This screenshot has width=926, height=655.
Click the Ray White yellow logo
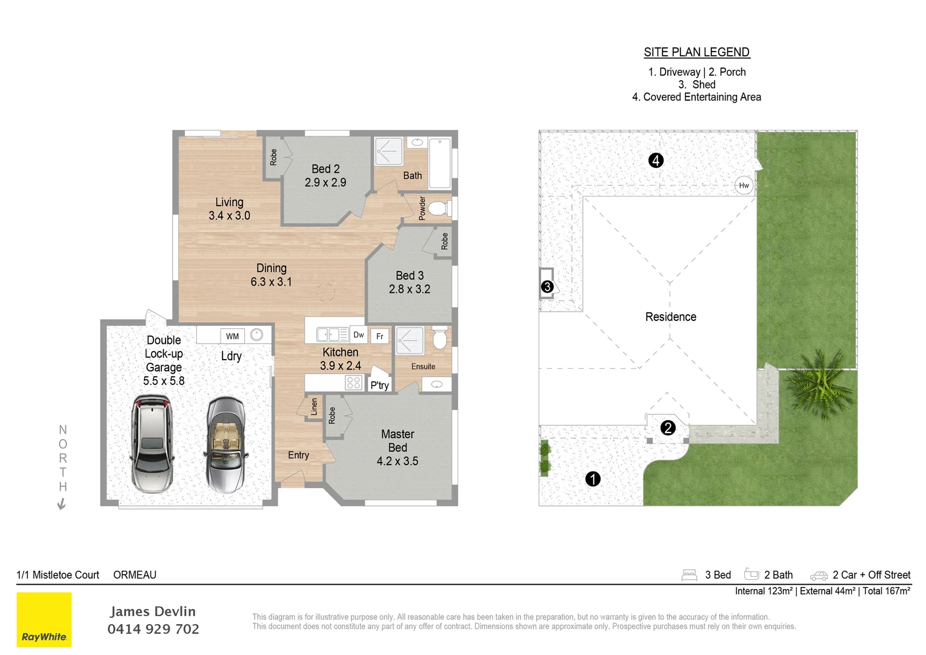tap(44, 619)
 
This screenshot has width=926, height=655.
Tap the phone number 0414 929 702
tap(153, 629)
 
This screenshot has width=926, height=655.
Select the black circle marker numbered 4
tap(656, 160)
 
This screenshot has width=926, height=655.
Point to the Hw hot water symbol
tap(744, 186)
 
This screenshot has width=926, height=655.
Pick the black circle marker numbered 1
tap(593, 479)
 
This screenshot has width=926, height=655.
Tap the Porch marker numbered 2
tap(668, 428)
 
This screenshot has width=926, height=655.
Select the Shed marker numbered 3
tap(547, 286)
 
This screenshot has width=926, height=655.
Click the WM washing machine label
tap(233, 336)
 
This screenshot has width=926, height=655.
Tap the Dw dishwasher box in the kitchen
tap(359, 335)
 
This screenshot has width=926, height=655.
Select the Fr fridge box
tap(380, 336)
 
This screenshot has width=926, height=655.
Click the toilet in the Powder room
tap(439, 209)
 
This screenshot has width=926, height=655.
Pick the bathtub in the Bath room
tap(439, 163)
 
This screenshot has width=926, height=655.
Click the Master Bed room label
tap(398, 448)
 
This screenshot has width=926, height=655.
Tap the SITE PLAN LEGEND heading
tap(696, 52)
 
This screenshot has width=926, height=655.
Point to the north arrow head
tap(61, 505)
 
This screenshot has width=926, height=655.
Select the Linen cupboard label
tap(314, 406)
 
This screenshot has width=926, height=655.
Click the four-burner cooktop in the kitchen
tap(353, 382)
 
